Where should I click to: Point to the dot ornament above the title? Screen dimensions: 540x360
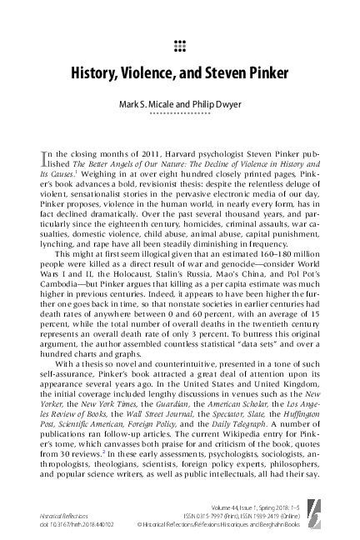180,44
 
